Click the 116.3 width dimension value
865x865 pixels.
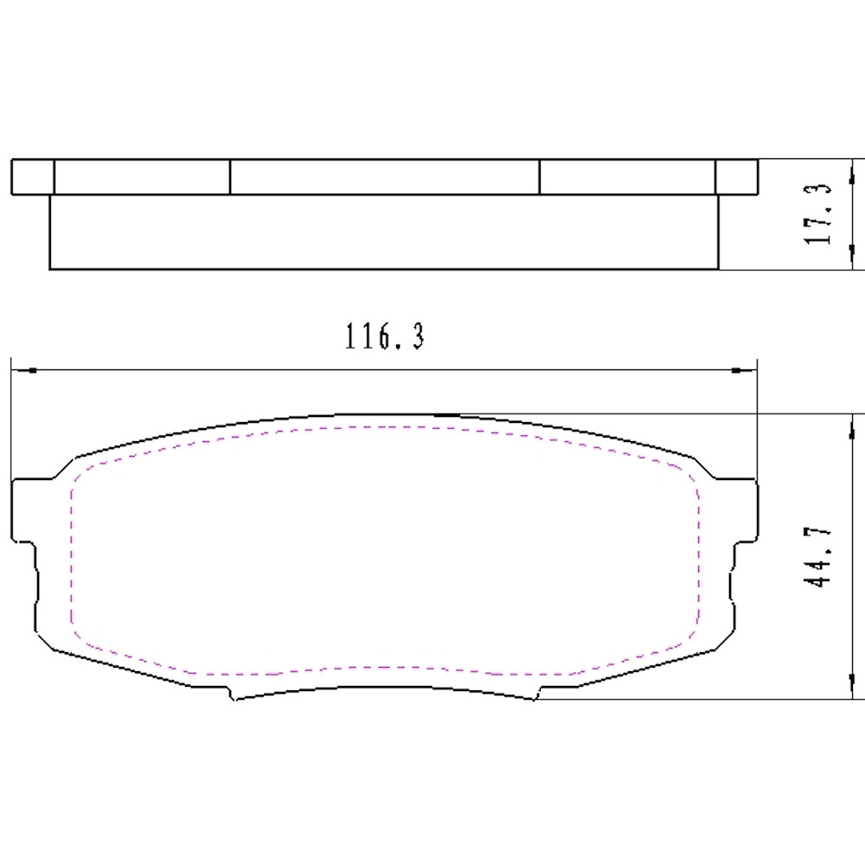pyautogui.click(x=385, y=336)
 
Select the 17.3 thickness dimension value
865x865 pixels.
pyautogui.click(x=818, y=214)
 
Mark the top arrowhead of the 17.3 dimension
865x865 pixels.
pyautogui.click(x=854, y=168)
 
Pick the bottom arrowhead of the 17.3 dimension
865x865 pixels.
pyautogui.click(x=854, y=261)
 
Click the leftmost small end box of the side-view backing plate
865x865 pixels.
pyautogui.click(x=33, y=176)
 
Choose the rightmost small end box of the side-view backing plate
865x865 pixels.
pyautogui.click(x=736, y=176)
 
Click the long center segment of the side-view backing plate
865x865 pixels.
pyautogui.click(x=384, y=176)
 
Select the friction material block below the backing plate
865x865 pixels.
pyautogui.click(x=384, y=231)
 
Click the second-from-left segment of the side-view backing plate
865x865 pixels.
pyautogui.click(x=142, y=176)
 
